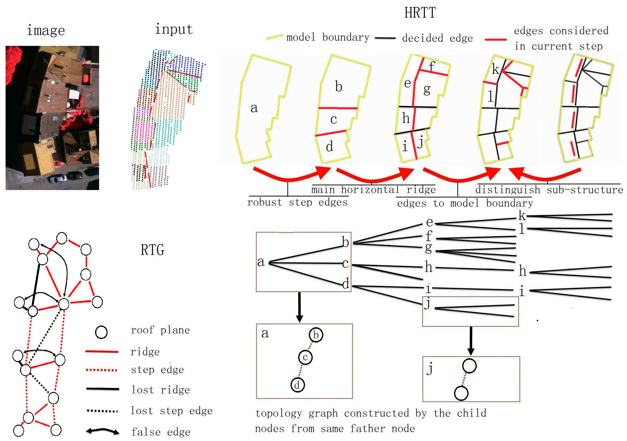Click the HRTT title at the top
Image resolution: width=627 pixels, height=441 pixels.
420,13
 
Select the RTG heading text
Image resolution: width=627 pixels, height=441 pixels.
152,250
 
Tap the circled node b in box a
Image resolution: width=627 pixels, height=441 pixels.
316,335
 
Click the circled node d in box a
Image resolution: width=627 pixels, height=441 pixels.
297,385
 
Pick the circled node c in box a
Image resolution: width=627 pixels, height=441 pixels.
305,357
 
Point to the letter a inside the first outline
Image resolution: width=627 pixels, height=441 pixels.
254,108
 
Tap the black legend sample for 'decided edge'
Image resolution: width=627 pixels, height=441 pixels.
385,38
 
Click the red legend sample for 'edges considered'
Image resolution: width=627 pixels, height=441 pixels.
496,40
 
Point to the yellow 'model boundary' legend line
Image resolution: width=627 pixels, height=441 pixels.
274,37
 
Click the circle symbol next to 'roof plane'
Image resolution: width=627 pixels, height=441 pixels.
101,332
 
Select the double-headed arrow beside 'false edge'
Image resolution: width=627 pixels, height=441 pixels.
102,431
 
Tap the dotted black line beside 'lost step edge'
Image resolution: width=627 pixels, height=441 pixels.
102,411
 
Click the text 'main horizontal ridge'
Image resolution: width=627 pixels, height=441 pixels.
373,189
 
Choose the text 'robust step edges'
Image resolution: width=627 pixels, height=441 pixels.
297,202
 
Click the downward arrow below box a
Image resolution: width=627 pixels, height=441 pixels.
300,307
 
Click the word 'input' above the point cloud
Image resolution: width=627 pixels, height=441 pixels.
174,29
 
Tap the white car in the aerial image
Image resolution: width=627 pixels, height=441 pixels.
57,179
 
